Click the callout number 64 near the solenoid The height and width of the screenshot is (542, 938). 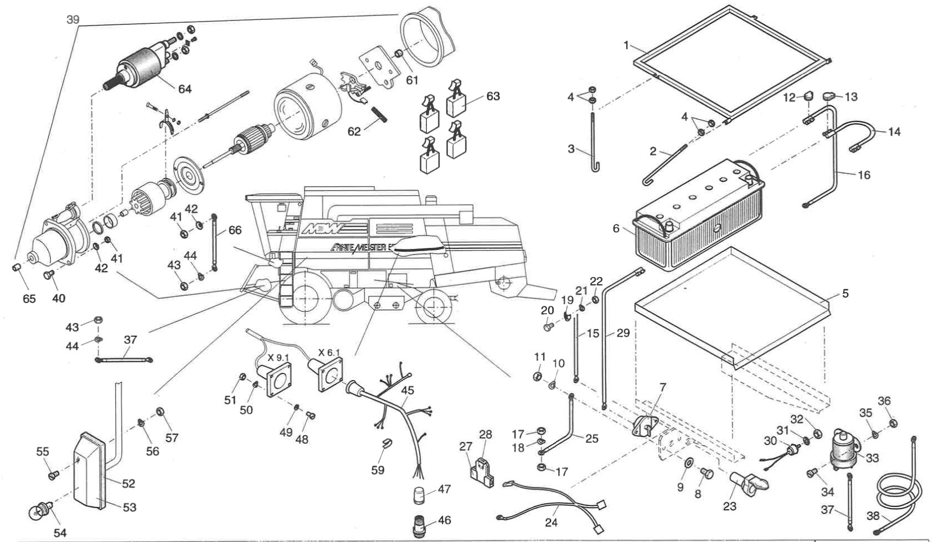[x=184, y=88]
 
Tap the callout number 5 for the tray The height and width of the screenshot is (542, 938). [x=845, y=294]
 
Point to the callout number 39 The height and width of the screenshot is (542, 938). [x=73, y=20]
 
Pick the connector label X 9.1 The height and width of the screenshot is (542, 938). [x=279, y=357]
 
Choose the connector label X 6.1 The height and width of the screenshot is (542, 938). [x=329, y=352]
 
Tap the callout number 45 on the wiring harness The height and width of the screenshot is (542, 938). [x=407, y=390]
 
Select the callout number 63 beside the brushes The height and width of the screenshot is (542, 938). [x=493, y=96]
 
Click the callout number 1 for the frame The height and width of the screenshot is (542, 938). [x=626, y=45]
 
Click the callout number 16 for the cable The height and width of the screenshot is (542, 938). [x=864, y=175]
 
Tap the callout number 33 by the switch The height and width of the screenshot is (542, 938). [x=872, y=458]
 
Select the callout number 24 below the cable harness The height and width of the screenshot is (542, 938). [x=552, y=522]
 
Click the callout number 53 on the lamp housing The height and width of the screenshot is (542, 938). [x=129, y=507]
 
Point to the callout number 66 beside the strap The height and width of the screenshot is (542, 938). [x=235, y=230]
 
